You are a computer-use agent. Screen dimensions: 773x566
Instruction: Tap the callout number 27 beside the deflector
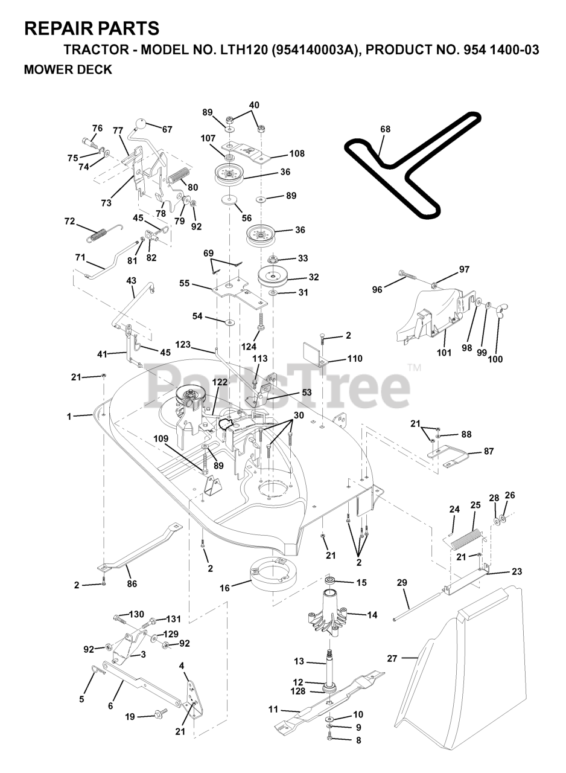coord(392,659)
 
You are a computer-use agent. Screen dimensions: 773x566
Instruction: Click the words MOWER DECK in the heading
coord(68,69)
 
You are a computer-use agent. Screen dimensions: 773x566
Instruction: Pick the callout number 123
coord(183,345)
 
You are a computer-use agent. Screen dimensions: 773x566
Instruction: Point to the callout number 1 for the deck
coord(69,416)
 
